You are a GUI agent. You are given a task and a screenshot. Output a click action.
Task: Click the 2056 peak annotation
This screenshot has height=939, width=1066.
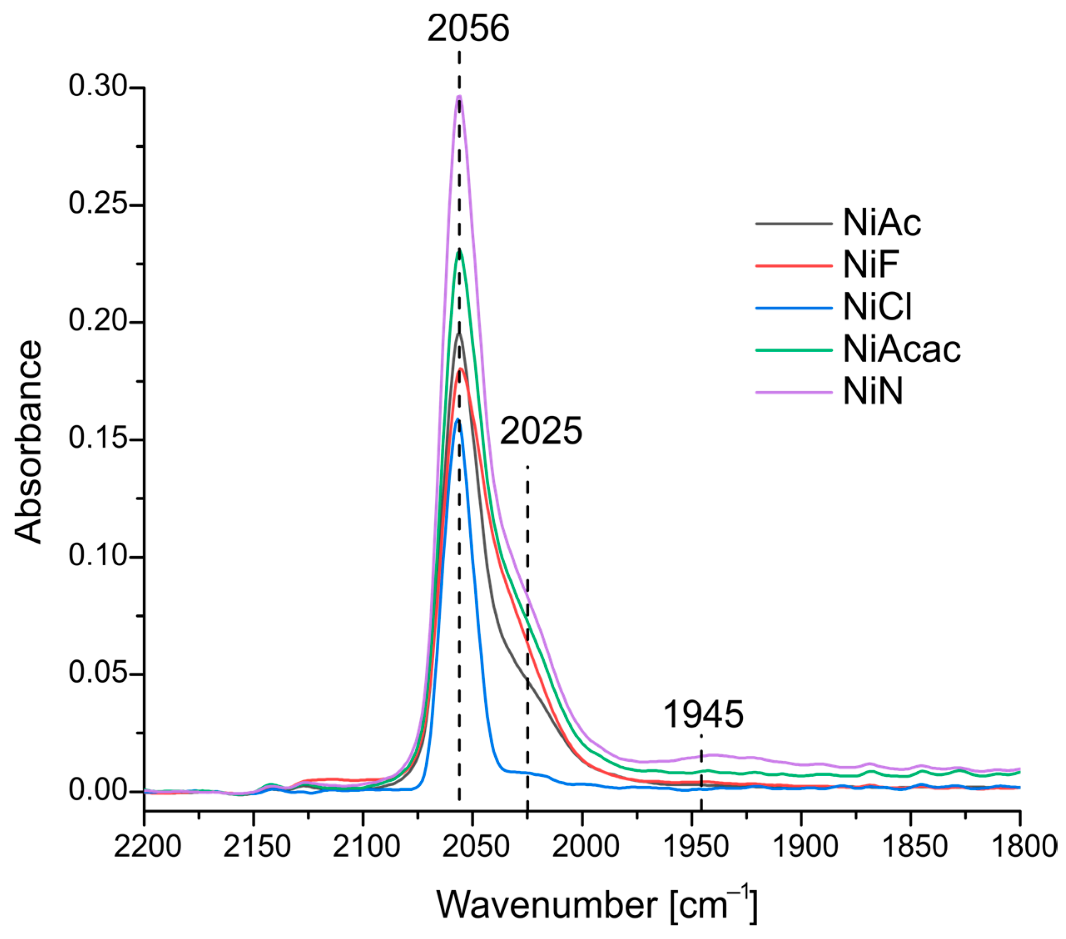click(x=468, y=29)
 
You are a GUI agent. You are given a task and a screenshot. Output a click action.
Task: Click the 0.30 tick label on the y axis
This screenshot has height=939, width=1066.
click(x=99, y=87)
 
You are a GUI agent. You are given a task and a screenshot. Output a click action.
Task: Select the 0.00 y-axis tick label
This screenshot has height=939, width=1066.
click(x=99, y=791)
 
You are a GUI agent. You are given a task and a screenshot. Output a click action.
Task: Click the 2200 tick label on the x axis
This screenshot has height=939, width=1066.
click(x=147, y=847)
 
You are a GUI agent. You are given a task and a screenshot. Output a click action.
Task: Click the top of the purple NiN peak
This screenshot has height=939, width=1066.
click(x=459, y=97)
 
